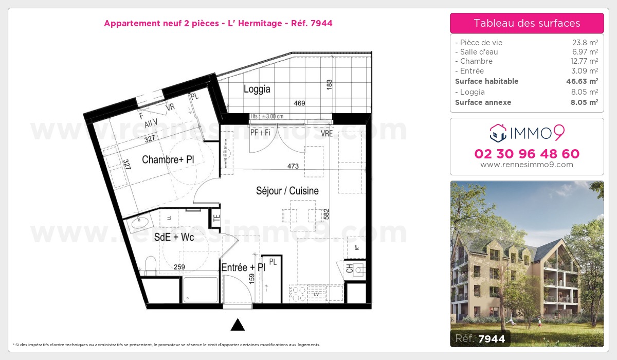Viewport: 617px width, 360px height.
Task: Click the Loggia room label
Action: (257, 89)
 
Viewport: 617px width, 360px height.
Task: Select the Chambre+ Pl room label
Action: (168, 160)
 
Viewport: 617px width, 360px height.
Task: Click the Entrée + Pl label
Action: (243, 268)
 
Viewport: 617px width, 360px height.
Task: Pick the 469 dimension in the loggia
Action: (299, 103)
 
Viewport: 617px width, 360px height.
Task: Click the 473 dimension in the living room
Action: (293, 166)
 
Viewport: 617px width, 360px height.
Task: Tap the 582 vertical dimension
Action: (326, 214)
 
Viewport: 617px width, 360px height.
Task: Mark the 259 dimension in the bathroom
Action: (179, 267)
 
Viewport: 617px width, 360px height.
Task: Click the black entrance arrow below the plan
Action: (237, 325)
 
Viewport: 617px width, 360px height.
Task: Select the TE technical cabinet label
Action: (216, 218)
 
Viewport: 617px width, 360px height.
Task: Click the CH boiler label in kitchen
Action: (350, 269)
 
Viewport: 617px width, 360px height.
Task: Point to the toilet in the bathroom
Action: (150, 266)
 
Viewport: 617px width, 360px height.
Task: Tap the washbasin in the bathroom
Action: (139, 223)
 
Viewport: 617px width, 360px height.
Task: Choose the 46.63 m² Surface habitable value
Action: (582, 81)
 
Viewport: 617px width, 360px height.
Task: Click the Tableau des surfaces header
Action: (527, 23)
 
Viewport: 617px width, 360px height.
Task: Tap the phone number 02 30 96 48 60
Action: (527, 154)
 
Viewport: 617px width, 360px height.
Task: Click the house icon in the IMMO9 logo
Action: (498, 133)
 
